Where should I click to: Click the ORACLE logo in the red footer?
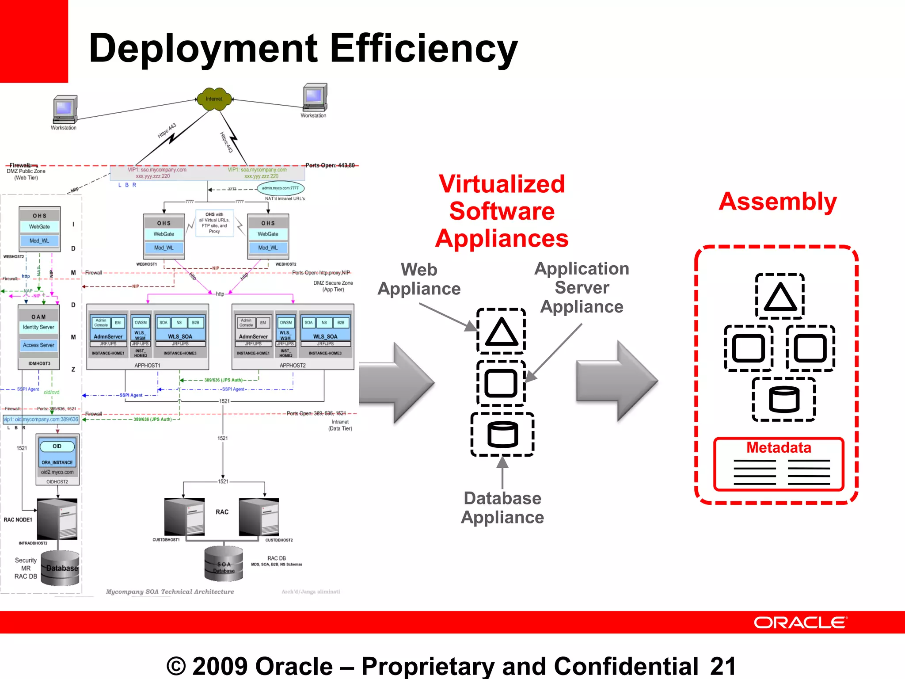click(x=800, y=622)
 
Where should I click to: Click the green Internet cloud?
click(x=214, y=99)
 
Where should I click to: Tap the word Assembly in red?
click(x=778, y=202)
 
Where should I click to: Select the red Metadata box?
click(x=779, y=464)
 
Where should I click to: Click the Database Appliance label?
click(x=502, y=507)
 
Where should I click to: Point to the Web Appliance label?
click(x=419, y=279)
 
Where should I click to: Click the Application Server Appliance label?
click(x=582, y=287)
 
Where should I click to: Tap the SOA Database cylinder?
click(x=224, y=563)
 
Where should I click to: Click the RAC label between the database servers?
click(x=222, y=512)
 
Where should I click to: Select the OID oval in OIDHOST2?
click(x=57, y=446)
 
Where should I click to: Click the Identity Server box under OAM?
click(x=38, y=327)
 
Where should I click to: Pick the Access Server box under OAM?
click(x=38, y=345)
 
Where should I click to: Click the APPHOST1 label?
click(x=147, y=366)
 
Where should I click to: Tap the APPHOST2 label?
click(x=293, y=366)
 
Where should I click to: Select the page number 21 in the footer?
click(x=723, y=666)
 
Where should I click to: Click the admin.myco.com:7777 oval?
click(x=280, y=188)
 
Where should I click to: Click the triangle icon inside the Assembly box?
click(x=780, y=296)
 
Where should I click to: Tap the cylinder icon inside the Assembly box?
click(x=784, y=399)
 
